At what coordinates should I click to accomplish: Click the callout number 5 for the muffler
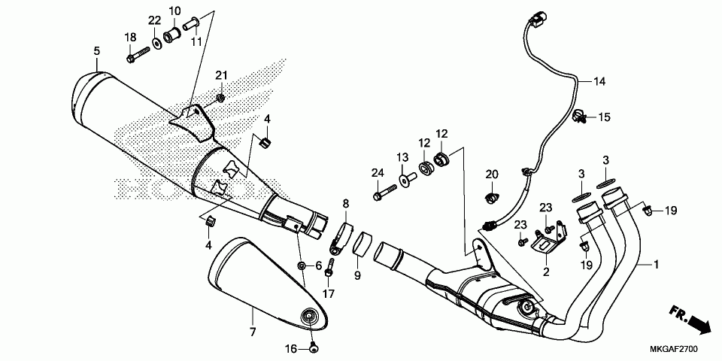[96, 50]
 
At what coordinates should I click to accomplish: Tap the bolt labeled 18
[139, 54]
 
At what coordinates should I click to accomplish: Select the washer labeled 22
[156, 42]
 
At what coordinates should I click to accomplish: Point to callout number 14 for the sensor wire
[599, 81]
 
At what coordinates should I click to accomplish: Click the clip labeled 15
[580, 116]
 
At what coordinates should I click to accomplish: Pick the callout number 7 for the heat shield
[253, 331]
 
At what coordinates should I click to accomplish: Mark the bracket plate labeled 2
[546, 242]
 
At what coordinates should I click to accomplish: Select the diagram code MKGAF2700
[675, 350]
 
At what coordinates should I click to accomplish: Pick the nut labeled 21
[220, 98]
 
